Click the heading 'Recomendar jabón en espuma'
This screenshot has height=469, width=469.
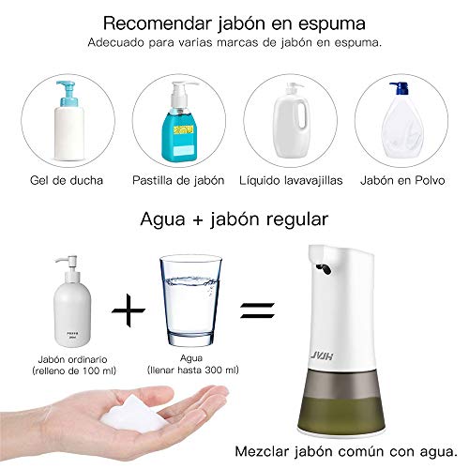[x=234, y=22]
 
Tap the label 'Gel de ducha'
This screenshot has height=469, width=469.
[x=66, y=179]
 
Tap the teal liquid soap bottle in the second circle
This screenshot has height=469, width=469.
[x=178, y=127]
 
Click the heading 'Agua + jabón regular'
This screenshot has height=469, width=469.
[x=234, y=220]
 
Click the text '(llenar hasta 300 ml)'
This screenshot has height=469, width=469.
[x=192, y=371]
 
